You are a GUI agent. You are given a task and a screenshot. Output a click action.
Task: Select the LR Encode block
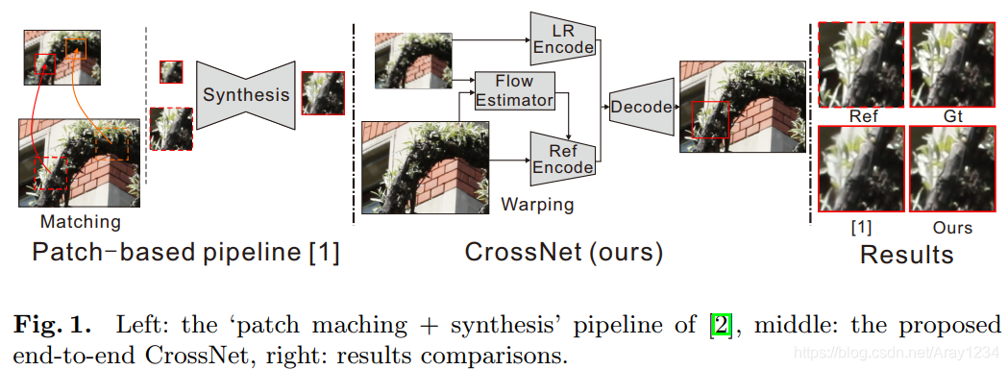coord(563,37)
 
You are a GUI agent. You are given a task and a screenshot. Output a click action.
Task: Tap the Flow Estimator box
coord(516,90)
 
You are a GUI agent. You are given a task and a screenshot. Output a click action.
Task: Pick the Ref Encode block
coord(563,158)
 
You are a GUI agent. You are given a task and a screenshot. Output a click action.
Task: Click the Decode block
coord(641,107)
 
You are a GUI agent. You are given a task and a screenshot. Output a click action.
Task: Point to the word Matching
coord(81,222)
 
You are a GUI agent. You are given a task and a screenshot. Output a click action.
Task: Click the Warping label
coord(537,205)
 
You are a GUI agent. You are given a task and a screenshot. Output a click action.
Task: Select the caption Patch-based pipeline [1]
coord(185,254)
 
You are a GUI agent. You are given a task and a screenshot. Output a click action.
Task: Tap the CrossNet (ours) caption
coord(564,254)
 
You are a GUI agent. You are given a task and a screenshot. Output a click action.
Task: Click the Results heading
coord(906,255)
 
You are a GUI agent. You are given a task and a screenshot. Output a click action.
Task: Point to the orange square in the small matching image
coord(75,48)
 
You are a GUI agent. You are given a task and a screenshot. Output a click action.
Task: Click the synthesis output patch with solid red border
coord(322,94)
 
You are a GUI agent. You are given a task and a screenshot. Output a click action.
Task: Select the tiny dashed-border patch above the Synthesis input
coord(171,71)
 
